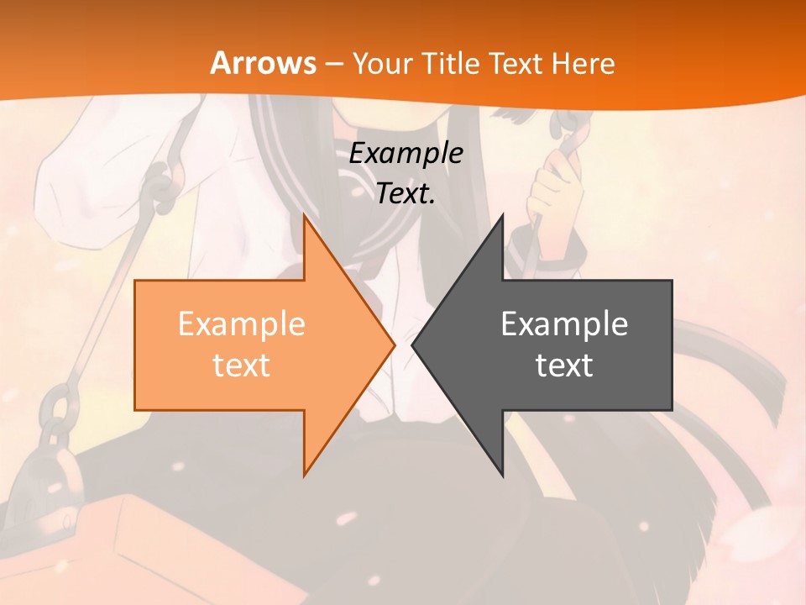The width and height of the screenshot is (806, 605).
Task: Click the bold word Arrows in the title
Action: (263, 63)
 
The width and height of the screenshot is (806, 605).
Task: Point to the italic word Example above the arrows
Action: (406, 153)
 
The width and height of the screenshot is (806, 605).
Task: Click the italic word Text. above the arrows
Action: (406, 193)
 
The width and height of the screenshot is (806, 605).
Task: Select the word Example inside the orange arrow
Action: (242, 324)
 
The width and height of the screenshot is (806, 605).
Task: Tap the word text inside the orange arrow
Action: (242, 365)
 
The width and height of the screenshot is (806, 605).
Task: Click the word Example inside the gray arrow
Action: (564, 324)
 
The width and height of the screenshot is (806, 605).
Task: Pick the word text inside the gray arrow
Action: (564, 365)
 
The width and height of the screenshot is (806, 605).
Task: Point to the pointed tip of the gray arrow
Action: (413, 345)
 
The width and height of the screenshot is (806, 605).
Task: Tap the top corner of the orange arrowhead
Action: (305, 215)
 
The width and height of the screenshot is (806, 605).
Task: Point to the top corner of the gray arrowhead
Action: (502, 215)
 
